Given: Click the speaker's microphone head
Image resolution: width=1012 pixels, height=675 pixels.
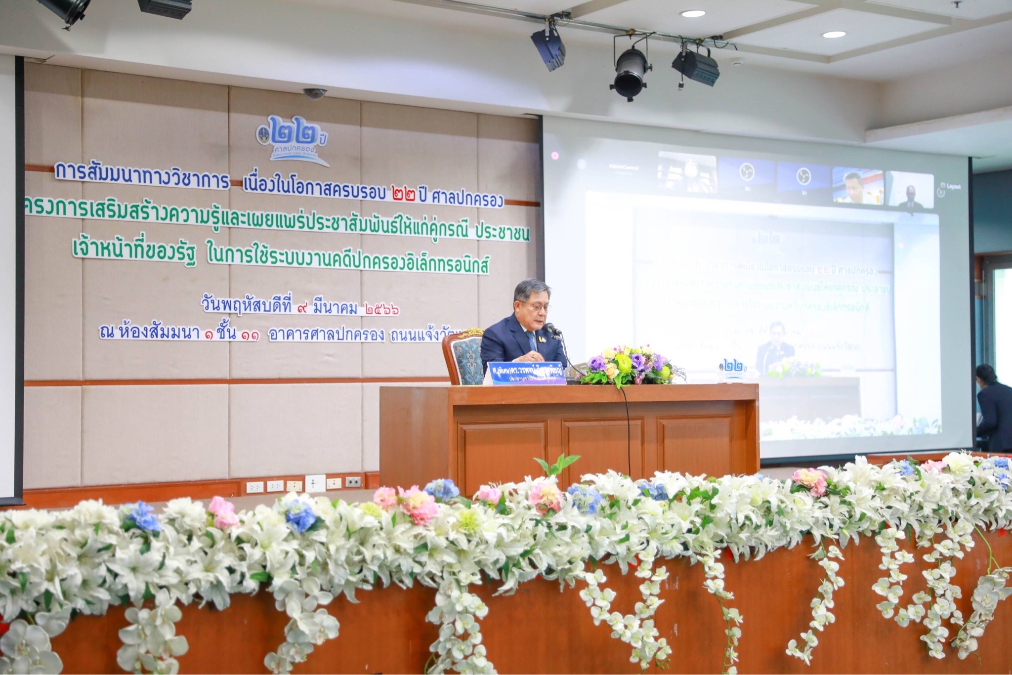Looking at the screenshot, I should tap(550, 328).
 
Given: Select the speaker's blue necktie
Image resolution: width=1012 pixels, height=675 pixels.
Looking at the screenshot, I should tap(531, 341).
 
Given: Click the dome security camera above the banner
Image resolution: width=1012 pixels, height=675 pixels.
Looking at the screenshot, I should tap(314, 92).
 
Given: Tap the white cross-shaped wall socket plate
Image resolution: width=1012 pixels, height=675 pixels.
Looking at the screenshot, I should tap(315, 483).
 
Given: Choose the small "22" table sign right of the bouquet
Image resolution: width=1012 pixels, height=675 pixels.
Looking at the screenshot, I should tap(733, 369).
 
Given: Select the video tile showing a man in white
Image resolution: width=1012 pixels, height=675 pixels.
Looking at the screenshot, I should tap(857, 187).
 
